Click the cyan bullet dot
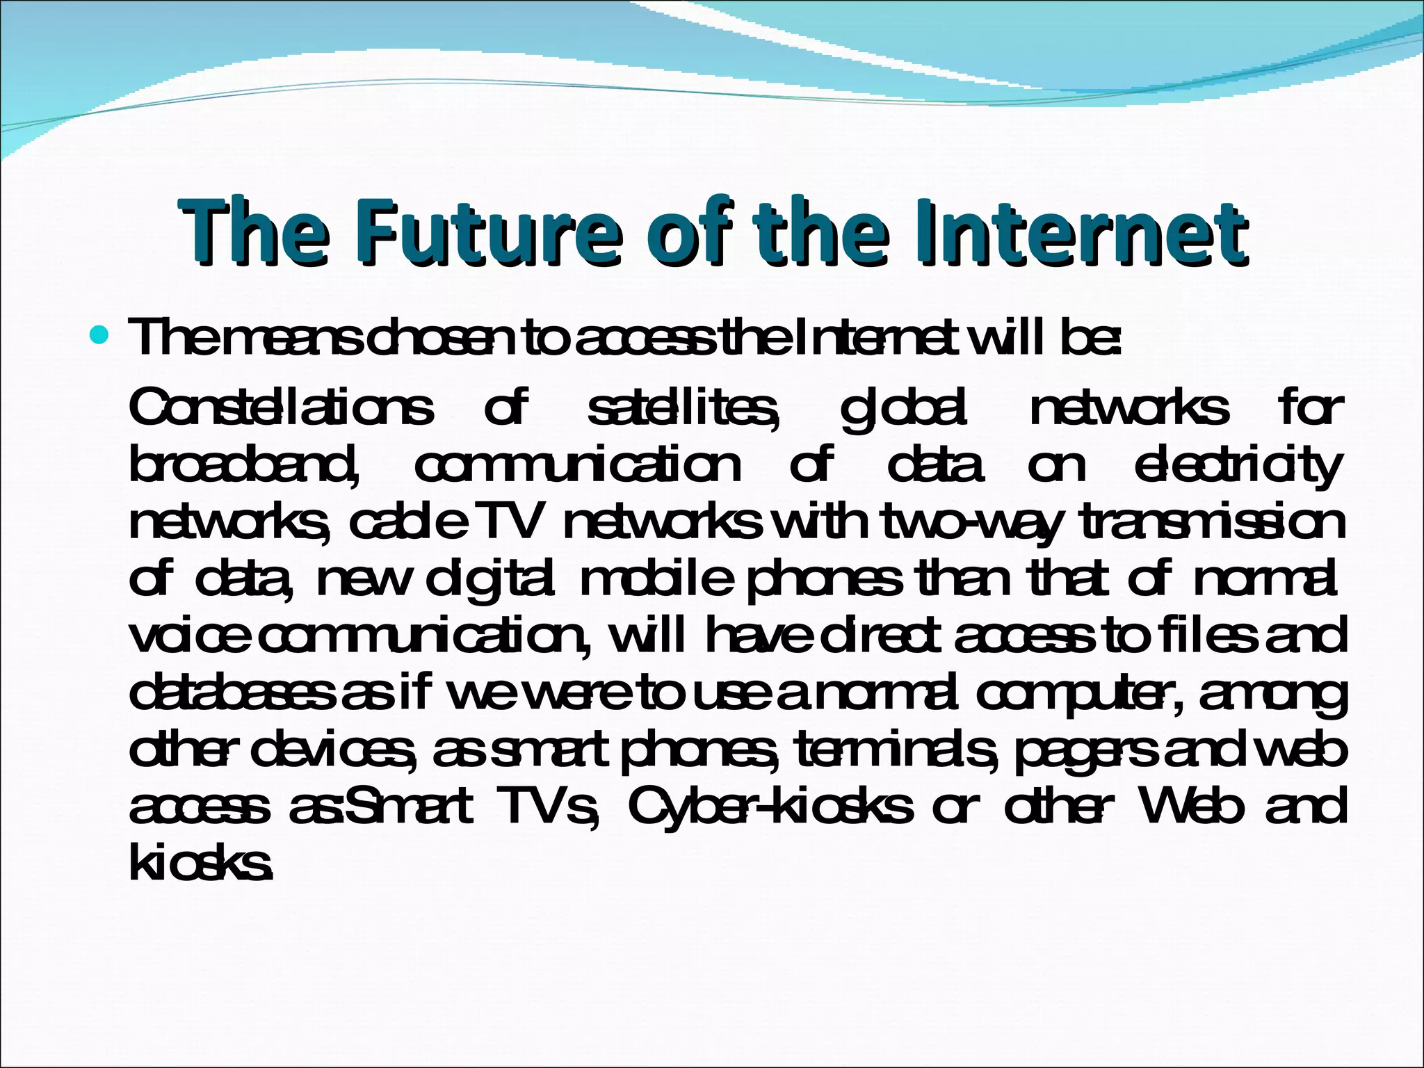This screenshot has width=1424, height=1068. (x=100, y=337)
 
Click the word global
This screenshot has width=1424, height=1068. (x=904, y=410)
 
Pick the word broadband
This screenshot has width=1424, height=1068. (x=244, y=465)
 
